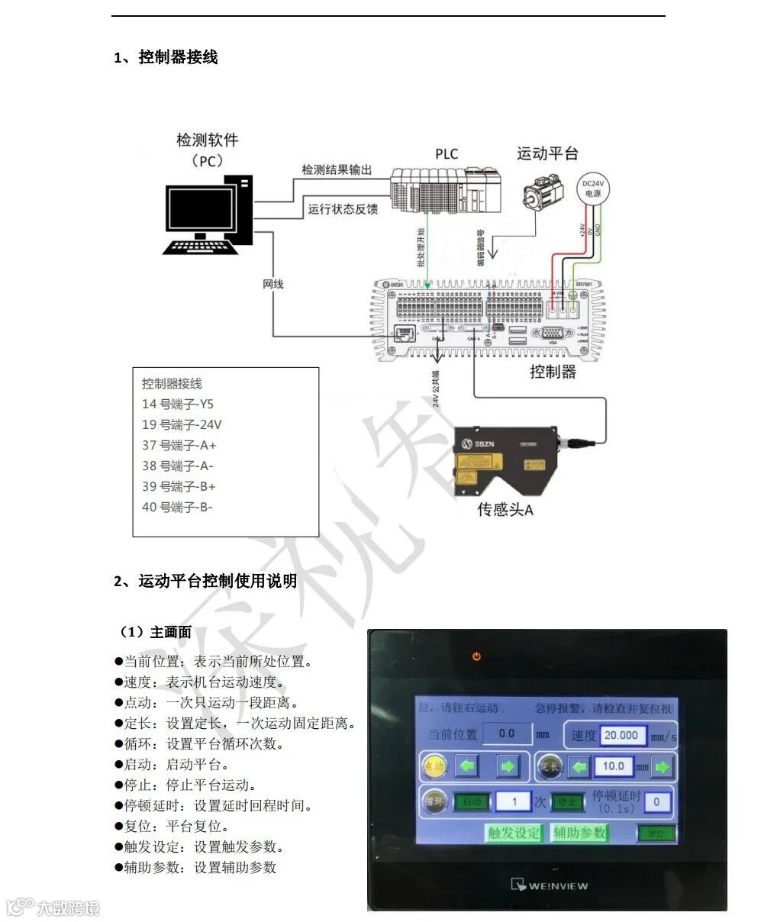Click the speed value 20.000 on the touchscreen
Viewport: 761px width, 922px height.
[619, 735]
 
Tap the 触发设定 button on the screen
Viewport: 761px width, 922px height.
[514, 833]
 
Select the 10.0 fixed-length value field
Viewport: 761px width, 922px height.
[613, 766]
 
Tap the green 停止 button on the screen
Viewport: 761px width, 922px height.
[566, 802]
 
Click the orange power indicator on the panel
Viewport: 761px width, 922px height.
[477, 656]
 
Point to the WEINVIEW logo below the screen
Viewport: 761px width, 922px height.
[549, 885]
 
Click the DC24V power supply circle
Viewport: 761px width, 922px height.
[592, 188]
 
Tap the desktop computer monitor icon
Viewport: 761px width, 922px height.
[202, 209]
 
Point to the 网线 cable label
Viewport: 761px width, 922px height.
[272, 284]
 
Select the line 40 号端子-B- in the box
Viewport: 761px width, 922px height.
[177, 507]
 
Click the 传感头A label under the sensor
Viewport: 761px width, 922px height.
[505, 509]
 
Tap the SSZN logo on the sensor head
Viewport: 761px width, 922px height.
[480, 443]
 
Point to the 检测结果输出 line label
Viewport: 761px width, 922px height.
[337, 169]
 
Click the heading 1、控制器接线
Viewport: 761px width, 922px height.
[166, 57]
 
